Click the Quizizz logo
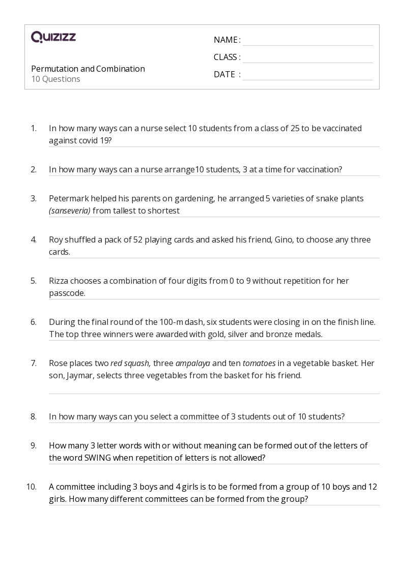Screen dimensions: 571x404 pyautogui.click(x=53, y=37)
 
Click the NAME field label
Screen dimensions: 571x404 pyautogui.click(x=225, y=40)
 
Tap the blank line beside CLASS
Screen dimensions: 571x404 pyautogui.click(x=307, y=57)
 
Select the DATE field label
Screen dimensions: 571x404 pyautogui.click(x=224, y=74)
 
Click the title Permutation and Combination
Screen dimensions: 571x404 pyautogui.click(x=88, y=69)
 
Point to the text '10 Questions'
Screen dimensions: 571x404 pyautogui.click(x=55, y=79)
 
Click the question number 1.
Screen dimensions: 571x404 pyautogui.click(x=34, y=128)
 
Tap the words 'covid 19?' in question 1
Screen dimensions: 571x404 pyautogui.click(x=95, y=141)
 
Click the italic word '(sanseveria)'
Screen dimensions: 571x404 pyautogui.click(x=70, y=211)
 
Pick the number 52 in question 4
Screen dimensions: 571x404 pyautogui.click(x=138, y=239)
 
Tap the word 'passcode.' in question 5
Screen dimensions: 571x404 pyautogui.click(x=67, y=293)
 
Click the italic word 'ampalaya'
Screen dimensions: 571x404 pyautogui.click(x=193, y=363)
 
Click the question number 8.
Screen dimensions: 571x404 pyautogui.click(x=34, y=416)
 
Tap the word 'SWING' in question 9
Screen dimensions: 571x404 pyautogui.click(x=97, y=458)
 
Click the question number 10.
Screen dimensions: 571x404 pyautogui.click(x=32, y=487)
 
